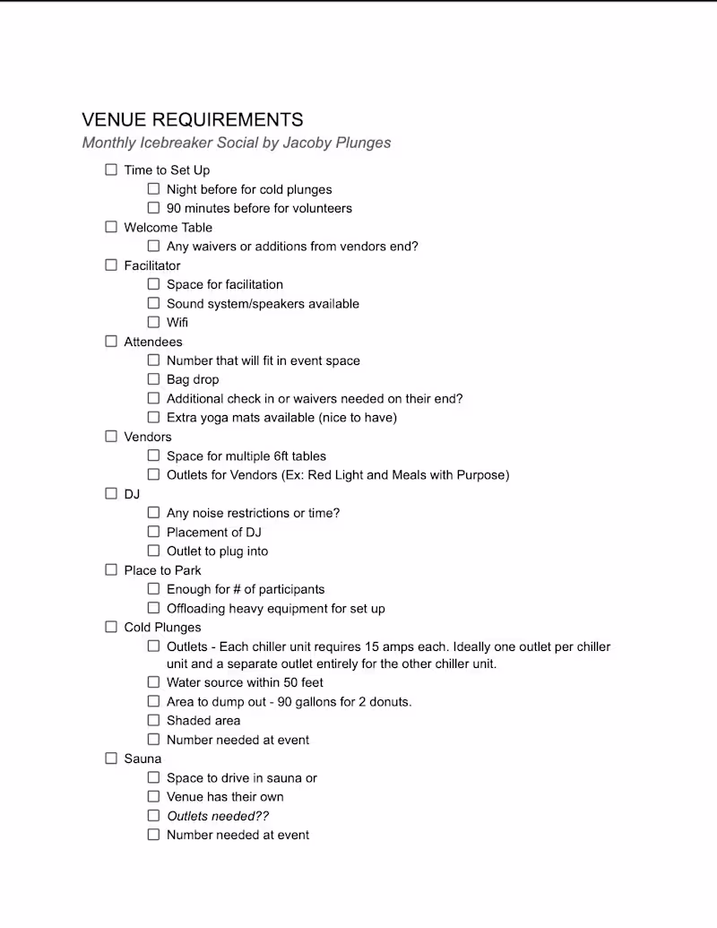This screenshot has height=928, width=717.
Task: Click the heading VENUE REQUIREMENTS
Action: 192,120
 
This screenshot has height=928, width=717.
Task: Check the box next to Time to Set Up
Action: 111,169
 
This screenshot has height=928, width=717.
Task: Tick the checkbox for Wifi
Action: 153,322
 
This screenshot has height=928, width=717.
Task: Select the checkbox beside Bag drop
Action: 153,379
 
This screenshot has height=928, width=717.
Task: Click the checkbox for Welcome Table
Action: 111,227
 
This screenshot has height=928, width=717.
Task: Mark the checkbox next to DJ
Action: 111,493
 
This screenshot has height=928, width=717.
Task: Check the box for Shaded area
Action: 153,720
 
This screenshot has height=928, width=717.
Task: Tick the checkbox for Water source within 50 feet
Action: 153,682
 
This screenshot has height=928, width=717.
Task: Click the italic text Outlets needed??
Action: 218,816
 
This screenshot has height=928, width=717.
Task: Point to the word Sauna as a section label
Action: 143,759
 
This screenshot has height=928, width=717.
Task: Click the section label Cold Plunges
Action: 162,628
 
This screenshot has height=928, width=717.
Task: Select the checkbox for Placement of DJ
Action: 153,532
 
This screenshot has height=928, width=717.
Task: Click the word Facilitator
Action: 152,265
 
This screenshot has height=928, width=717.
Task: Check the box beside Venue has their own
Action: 153,796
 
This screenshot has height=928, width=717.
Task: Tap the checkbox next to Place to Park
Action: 111,569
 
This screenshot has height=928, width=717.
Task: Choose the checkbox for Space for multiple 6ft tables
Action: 153,455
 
